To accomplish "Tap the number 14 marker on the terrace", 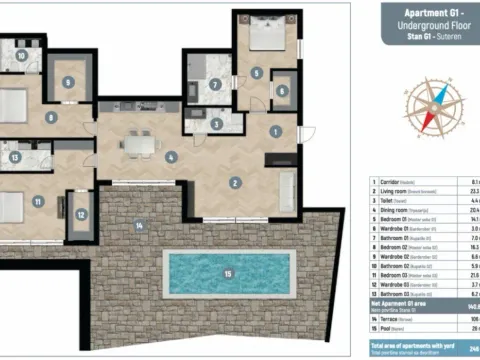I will pos(140,226).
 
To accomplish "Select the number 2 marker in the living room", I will pos(235,182).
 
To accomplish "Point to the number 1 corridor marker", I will pos(276,131).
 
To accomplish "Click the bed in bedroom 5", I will pos(264,39).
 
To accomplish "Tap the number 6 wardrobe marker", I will pos(282,91).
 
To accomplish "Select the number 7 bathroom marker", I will pos(215,85).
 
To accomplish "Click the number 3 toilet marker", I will pos(217,124).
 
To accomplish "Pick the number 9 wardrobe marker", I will pos(67,82).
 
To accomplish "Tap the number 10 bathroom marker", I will pos(20,56).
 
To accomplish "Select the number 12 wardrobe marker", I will pos(80,211).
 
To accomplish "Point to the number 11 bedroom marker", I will pos(37,201).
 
